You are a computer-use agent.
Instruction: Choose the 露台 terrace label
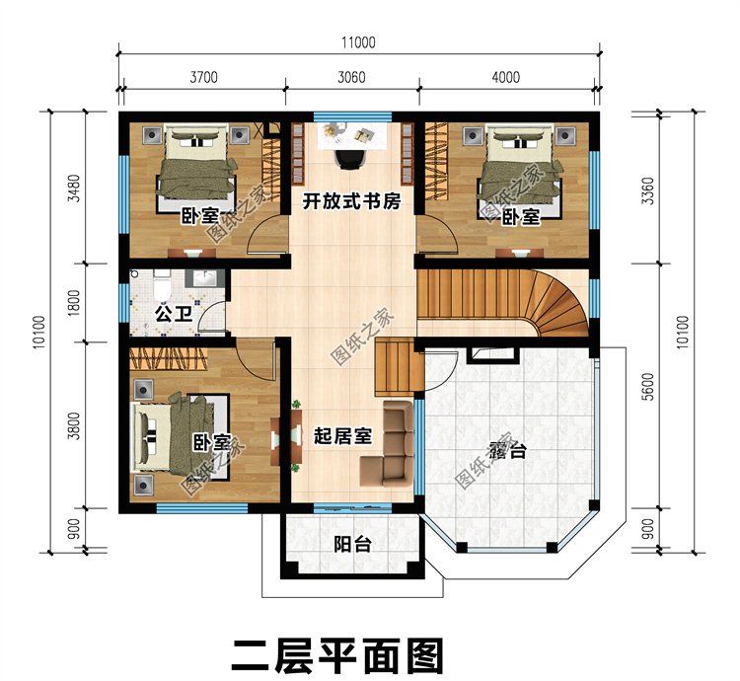pyautogui.click(x=507, y=452)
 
